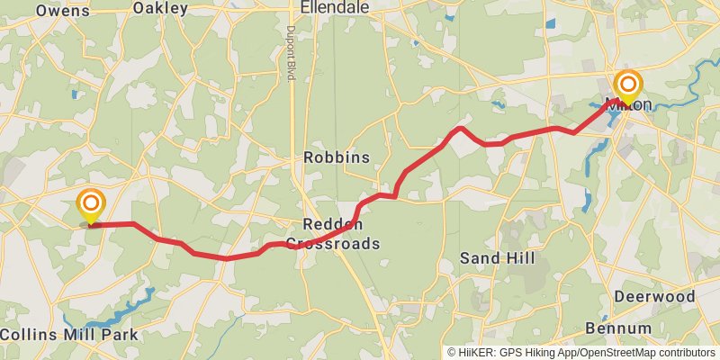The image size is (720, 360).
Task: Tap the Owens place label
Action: coord(63,10)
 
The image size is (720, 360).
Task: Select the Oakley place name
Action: coord(160,8)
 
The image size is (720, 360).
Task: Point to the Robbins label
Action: coord(337,157)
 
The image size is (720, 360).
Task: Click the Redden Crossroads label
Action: coord(333,234)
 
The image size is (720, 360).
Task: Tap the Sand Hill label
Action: coord(497,258)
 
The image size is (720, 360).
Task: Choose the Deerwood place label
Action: coord(654,296)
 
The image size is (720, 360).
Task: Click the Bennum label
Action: coord(618,327)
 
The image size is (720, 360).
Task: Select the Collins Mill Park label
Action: coord(69,335)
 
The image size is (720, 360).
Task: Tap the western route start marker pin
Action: coord(90,205)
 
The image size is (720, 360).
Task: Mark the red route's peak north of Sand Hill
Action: coord(461,128)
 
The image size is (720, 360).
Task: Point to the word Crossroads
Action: coord(333,243)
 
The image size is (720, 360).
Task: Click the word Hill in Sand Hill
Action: coord(519,258)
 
